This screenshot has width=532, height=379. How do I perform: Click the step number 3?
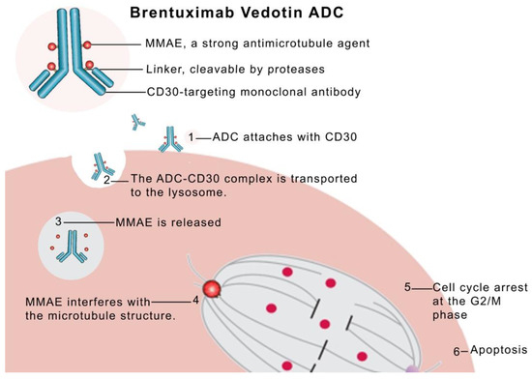(x=58, y=221)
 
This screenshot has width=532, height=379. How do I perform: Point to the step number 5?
(x=409, y=287)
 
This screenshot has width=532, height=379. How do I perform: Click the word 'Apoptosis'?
(x=498, y=349)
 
